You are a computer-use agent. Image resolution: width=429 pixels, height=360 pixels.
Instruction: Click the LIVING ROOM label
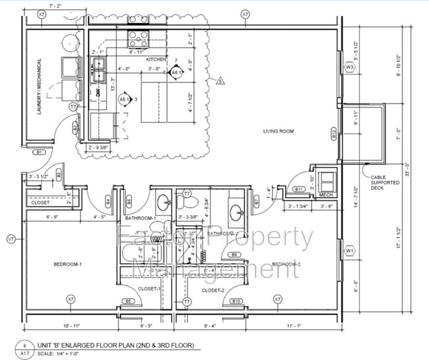point(278,131)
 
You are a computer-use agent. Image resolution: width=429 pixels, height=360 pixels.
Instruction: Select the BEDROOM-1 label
point(67,264)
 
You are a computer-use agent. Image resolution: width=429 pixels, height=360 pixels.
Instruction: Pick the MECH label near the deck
point(324,195)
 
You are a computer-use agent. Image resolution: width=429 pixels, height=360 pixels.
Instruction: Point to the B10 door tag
point(237,301)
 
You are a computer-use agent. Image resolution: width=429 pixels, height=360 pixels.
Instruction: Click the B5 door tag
point(129,301)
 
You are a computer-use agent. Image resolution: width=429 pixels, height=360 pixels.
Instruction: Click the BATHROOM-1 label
point(139,218)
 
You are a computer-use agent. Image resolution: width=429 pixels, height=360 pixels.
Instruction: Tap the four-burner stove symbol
point(140,35)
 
